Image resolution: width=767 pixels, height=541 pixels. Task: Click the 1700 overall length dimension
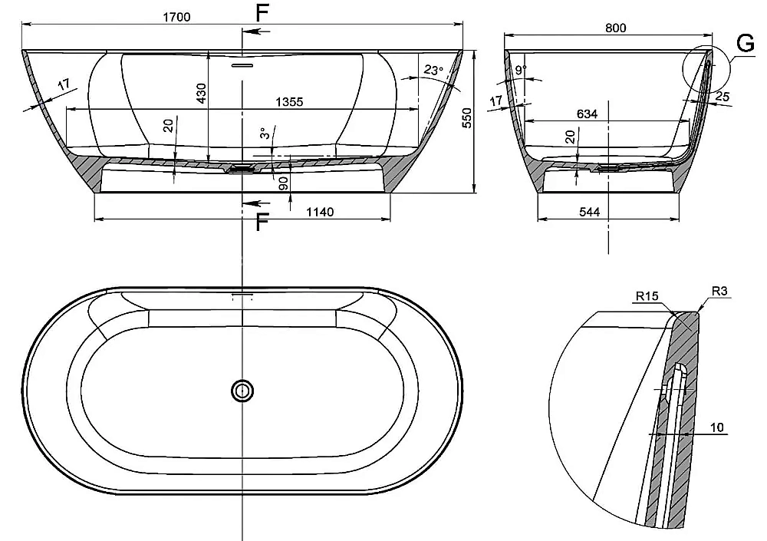pyautogui.click(x=176, y=17)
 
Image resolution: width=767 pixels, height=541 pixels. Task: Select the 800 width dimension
pyautogui.click(x=615, y=28)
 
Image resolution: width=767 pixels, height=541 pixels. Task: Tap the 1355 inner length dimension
pyautogui.click(x=289, y=102)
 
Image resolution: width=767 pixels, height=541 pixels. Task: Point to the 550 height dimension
pyautogui.click(x=467, y=118)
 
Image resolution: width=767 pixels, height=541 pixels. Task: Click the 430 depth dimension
pyautogui.click(x=201, y=94)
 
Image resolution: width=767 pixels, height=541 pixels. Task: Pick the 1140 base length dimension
pyautogui.click(x=320, y=212)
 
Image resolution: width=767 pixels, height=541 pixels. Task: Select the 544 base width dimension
pyautogui.click(x=589, y=212)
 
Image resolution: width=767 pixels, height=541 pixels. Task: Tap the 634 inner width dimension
pyautogui.click(x=587, y=114)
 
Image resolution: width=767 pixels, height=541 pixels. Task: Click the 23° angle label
pyautogui.click(x=433, y=71)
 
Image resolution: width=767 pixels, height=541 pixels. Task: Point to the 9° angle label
pyautogui.click(x=521, y=70)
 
